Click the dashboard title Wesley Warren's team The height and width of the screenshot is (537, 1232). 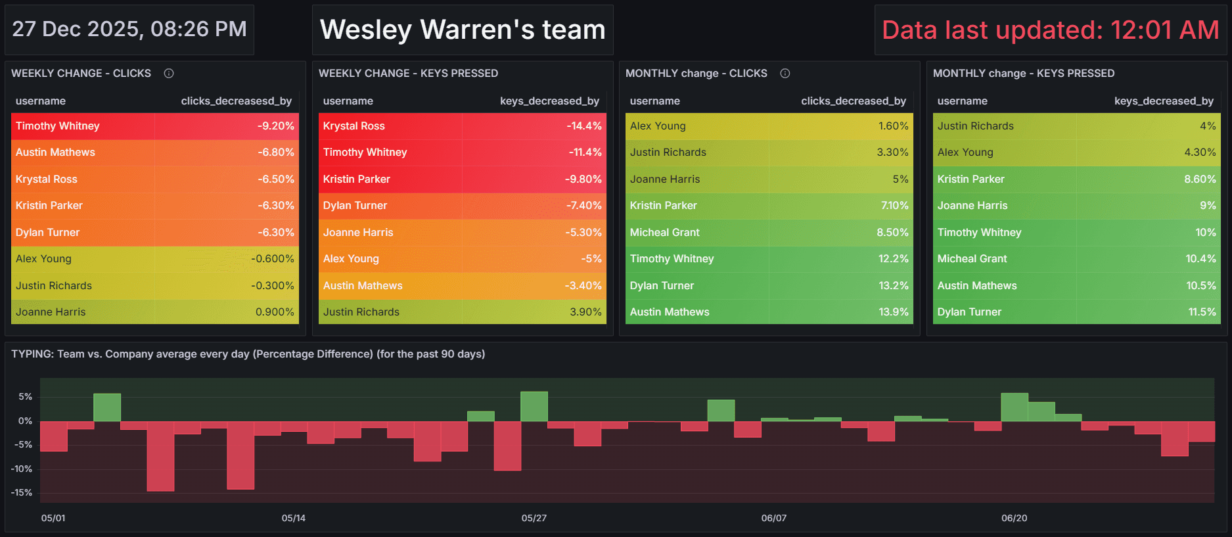463,30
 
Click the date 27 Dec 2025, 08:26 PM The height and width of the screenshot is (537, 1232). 129,29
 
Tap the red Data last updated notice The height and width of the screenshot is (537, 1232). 1050,30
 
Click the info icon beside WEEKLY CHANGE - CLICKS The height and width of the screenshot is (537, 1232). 169,74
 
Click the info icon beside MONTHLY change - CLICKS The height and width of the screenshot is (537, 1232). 785,74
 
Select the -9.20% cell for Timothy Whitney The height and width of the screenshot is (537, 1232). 275,126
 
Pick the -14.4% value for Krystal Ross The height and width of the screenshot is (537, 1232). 583,126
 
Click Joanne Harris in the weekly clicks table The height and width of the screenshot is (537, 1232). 51,312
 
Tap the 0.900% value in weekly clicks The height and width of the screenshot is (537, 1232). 275,312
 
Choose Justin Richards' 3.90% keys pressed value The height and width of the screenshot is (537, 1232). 585,312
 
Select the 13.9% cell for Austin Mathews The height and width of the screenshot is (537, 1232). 893,312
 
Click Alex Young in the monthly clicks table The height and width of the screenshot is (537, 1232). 658,126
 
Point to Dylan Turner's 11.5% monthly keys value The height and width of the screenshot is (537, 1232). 1202,312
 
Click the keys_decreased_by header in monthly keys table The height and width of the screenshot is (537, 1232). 1164,101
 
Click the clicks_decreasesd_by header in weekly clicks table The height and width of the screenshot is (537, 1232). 236,101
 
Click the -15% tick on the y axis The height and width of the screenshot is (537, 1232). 22,492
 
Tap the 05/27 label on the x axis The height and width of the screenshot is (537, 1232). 534,518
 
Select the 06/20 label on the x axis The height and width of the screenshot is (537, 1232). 1014,518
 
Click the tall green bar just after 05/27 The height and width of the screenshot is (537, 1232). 534,407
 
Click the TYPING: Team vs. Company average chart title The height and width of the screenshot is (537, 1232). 248,354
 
